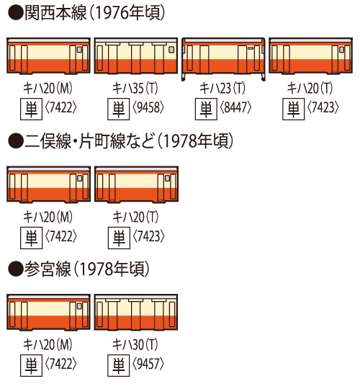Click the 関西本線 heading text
click(x=55, y=13)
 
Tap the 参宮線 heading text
click(x=48, y=269)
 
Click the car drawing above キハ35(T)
click(x=136, y=55)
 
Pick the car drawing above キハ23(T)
click(x=223, y=59)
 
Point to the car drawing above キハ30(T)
click(x=136, y=313)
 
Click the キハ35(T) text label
click(x=135, y=88)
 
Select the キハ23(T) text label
click(x=222, y=88)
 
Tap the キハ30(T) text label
click(x=135, y=344)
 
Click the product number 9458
click(x=148, y=108)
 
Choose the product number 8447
click(x=235, y=108)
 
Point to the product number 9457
click(x=148, y=365)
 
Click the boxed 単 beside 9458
click(x=119, y=109)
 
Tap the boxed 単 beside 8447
click(x=206, y=109)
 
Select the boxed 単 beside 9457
click(x=119, y=365)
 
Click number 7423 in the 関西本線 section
click(x=323, y=108)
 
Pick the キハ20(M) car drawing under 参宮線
click(x=48, y=313)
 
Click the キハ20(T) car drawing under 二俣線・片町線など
click(x=136, y=184)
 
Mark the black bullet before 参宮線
click(x=16, y=269)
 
